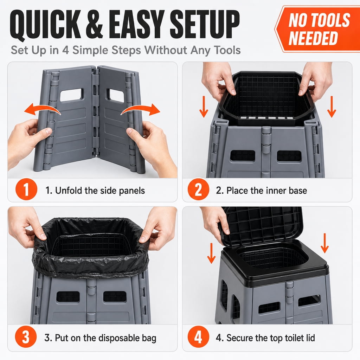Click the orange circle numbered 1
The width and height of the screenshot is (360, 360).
26,189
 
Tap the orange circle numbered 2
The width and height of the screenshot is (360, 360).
198,189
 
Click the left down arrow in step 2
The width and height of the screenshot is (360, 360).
204,107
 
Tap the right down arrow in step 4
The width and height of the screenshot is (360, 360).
324,243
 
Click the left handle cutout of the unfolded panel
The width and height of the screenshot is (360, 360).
71,95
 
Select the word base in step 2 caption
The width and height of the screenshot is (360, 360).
298,191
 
